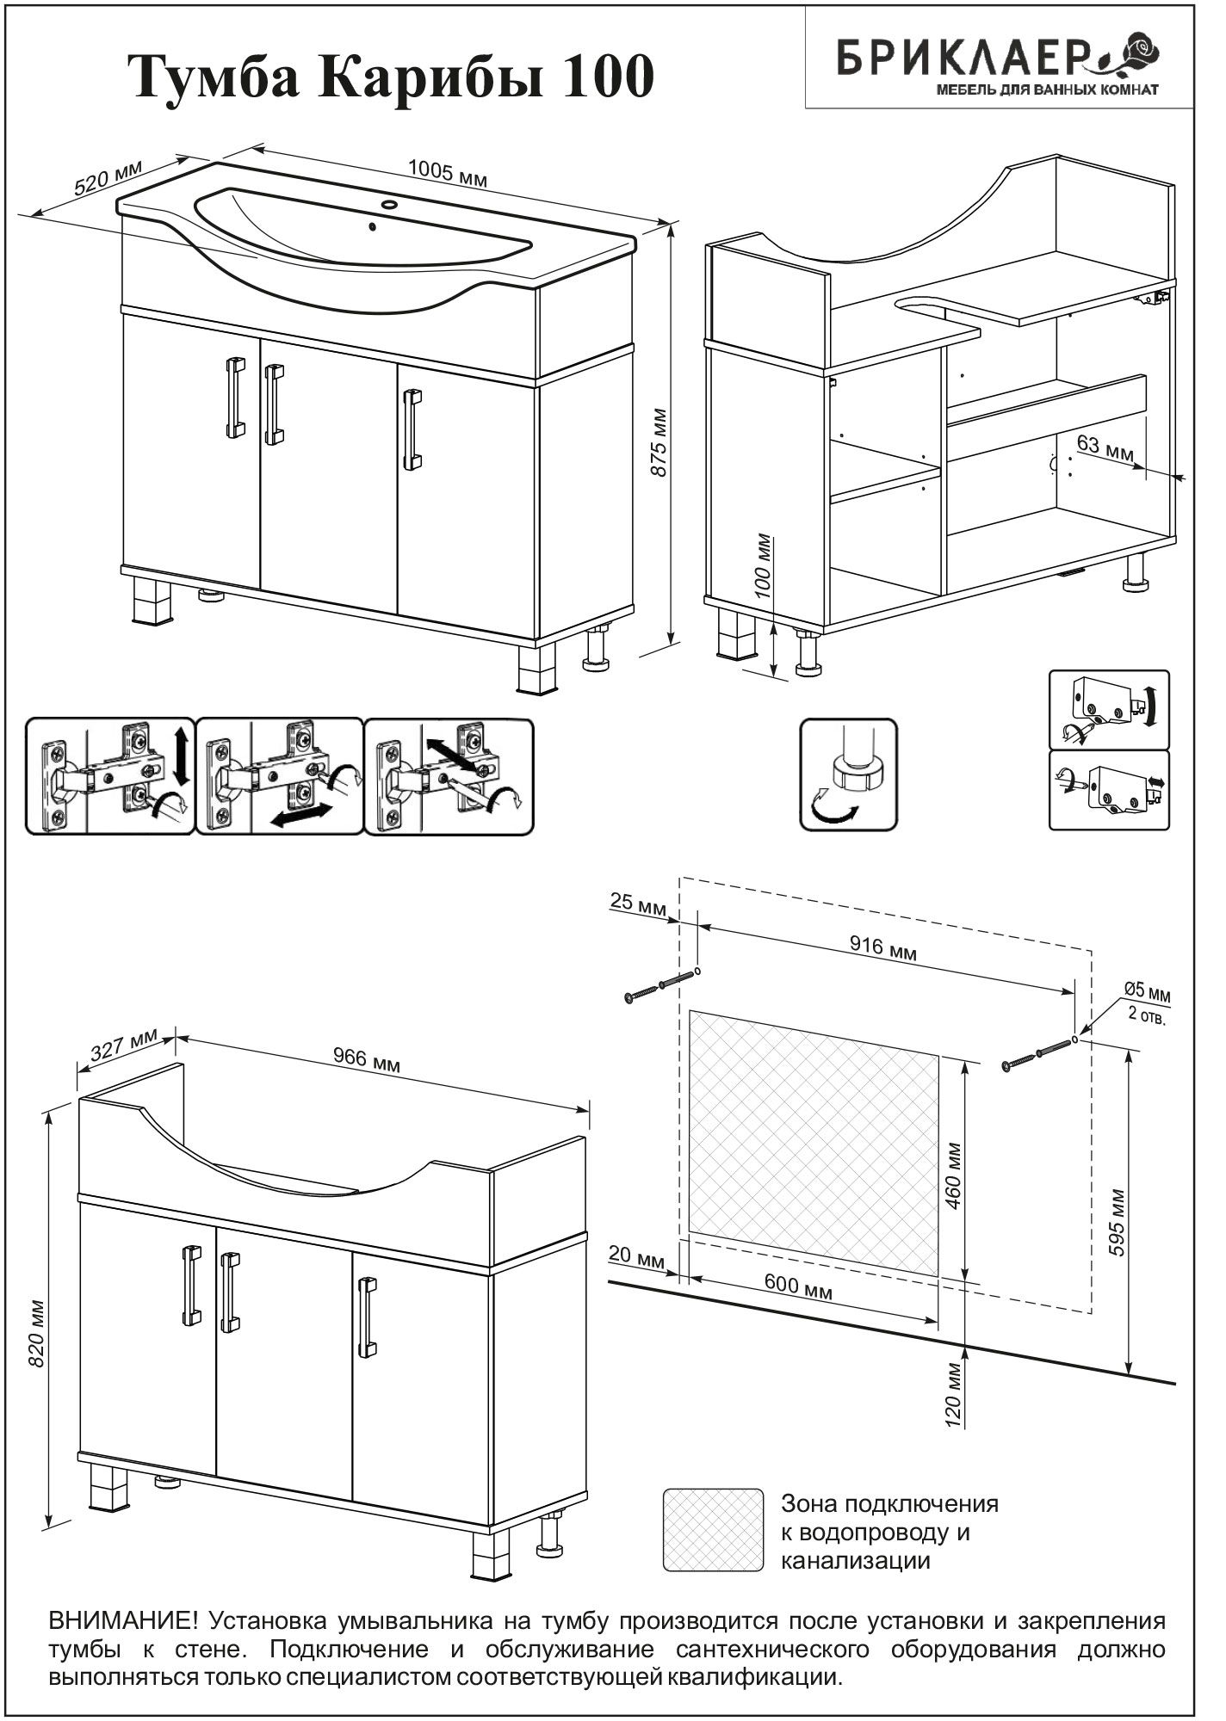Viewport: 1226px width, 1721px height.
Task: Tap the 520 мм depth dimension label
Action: coord(108,179)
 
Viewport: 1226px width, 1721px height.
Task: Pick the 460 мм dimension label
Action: coord(953,1175)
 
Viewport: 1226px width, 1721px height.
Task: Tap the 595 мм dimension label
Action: coord(1118,1222)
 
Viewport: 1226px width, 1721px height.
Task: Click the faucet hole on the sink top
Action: coord(390,205)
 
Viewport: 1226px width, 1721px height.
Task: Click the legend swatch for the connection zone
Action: coord(714,1529)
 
